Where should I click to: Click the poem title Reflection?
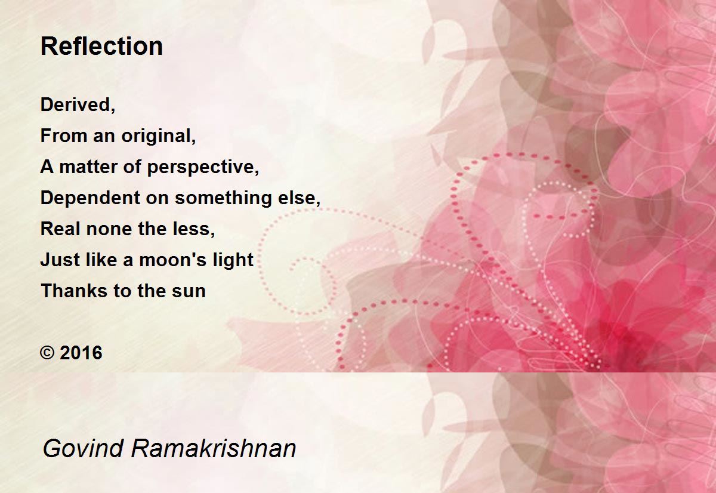pyautogui.click(x=101, y=47)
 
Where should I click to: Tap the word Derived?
pyautogui.click(x=75, y=104)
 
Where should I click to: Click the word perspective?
pyautogui.click(x=200, y=168)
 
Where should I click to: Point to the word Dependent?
pyautogui.click(x=90, y=198)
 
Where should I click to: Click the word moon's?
pyautogui.click(x=172, y=260)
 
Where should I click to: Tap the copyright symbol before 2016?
pyautogui.click(x=47, y=353)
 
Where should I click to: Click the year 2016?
pyautogui.click(x=81, y=353)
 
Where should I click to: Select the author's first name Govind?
pyautogui.click(x=83, y=448)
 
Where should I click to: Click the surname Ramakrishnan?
pyautogui.click(x=214, y=448)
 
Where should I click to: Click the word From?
pyautogui.click(x=64, y=135)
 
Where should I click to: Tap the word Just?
pyautogui.click(x=60, y=260)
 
